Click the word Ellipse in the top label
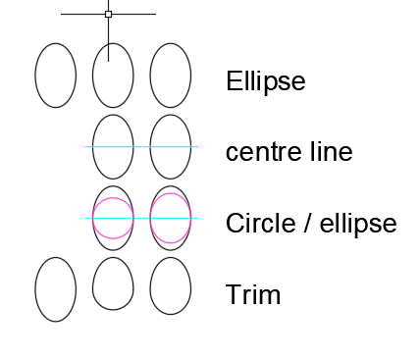point(265,80)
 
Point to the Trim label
point(252,294)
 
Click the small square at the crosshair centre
point(108,14)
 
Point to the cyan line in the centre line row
point(141,146)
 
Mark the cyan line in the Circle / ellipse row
point(141,218)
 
